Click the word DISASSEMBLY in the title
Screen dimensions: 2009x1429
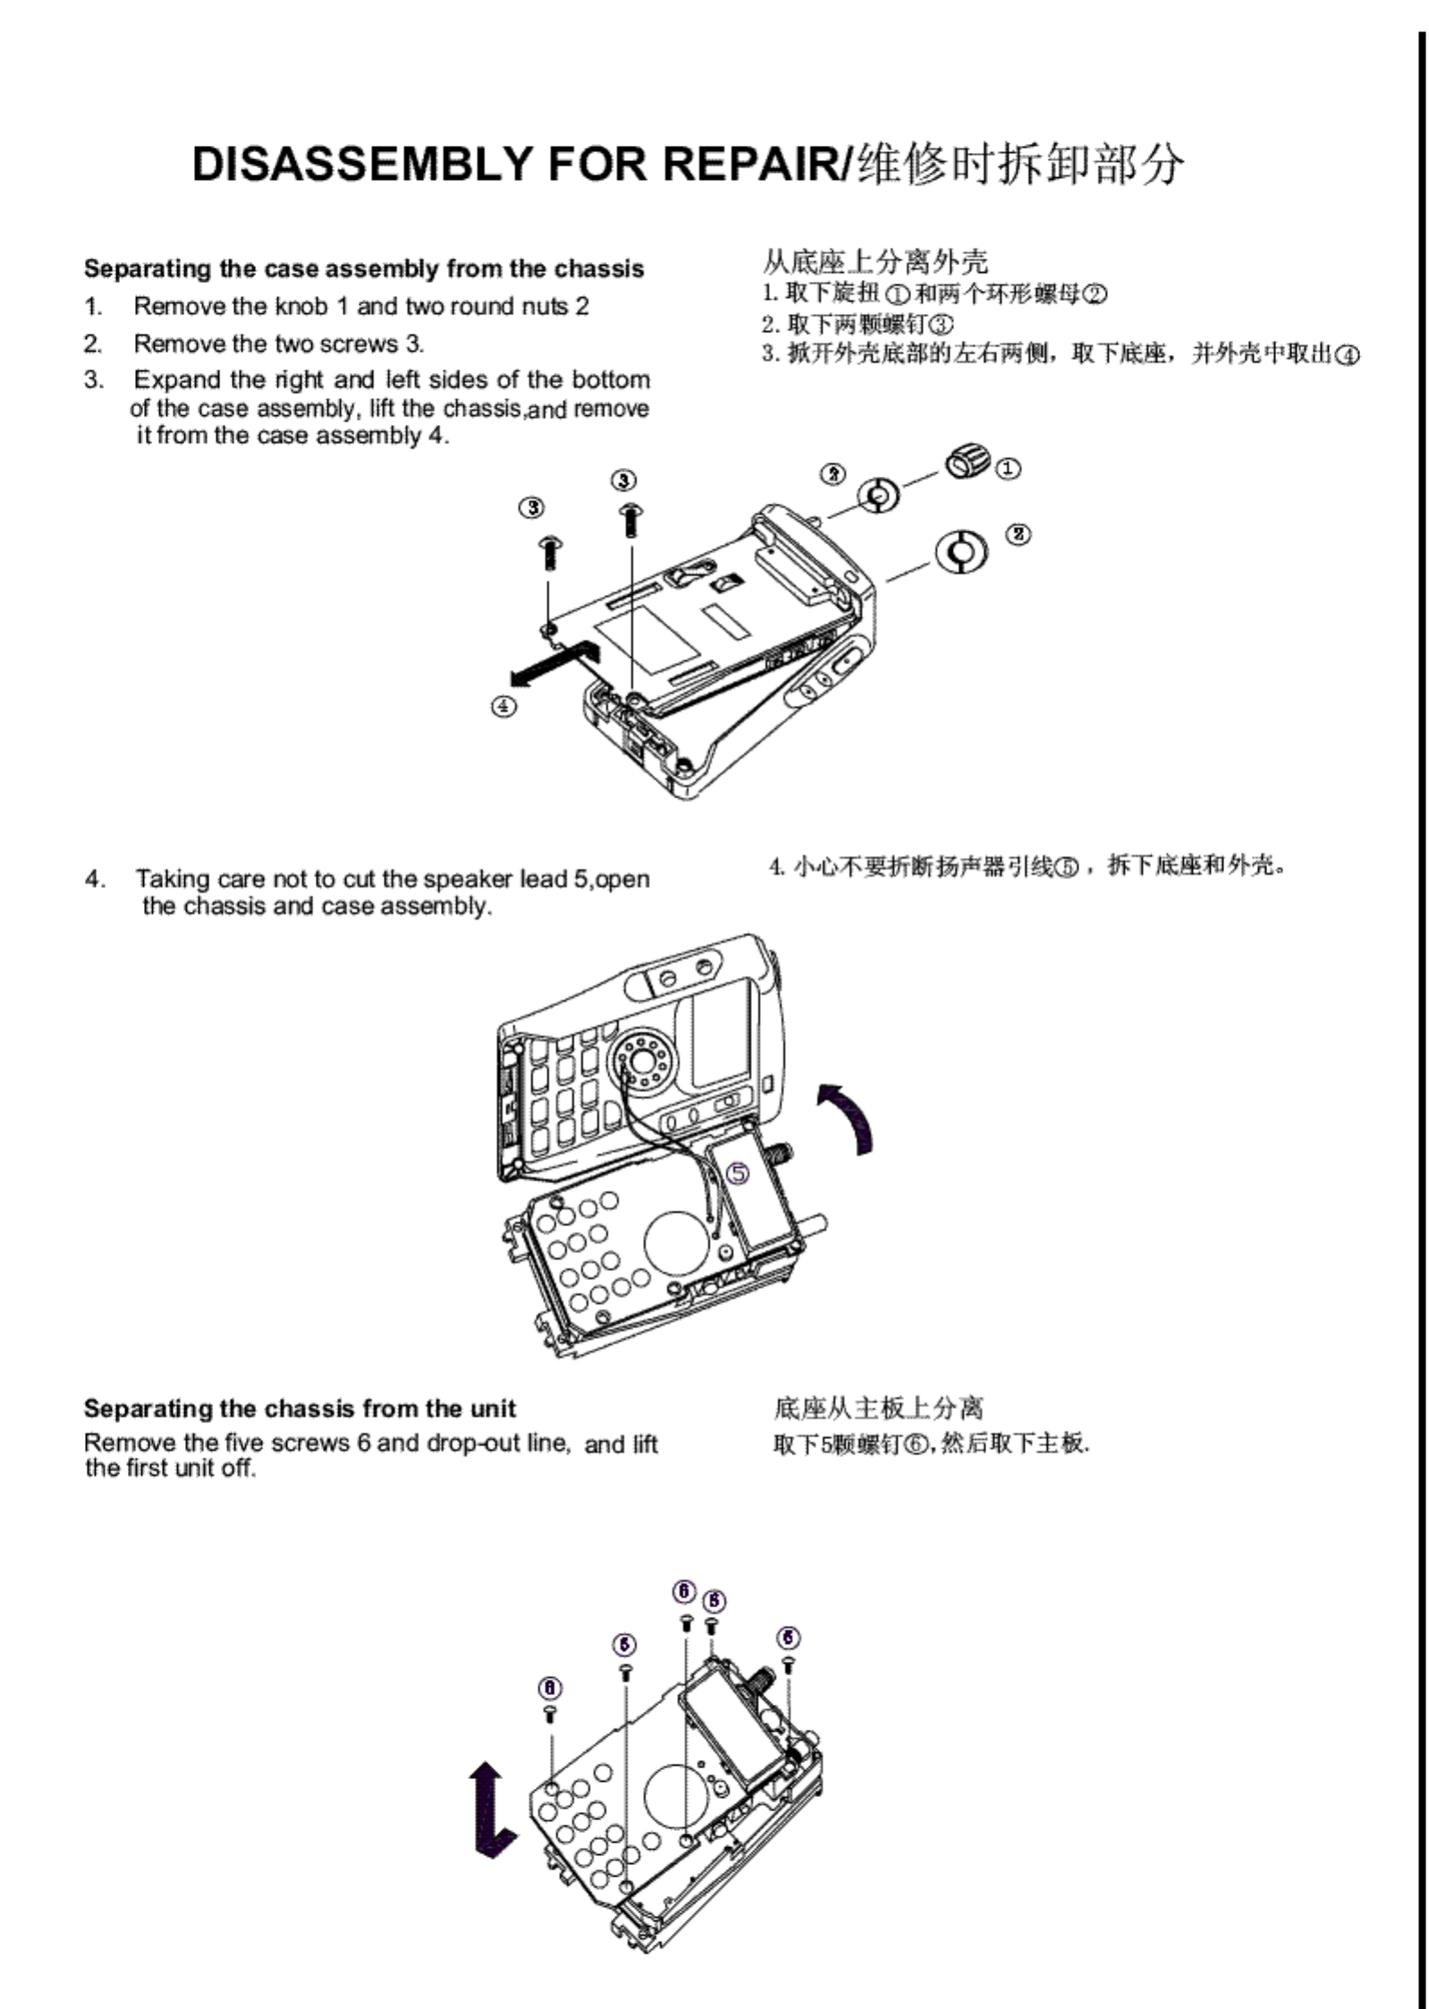362,165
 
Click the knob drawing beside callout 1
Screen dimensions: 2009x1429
967,462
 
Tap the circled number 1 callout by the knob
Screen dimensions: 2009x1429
1008,468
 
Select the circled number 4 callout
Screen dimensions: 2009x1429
503,707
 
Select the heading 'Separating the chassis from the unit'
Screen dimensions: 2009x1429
300,1409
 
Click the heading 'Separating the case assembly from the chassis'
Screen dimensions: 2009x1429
364,269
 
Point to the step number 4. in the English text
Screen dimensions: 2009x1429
95,879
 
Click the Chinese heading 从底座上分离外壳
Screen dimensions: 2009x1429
875,261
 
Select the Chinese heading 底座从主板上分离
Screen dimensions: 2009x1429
878,1409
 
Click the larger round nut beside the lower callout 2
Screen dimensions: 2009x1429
961,551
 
